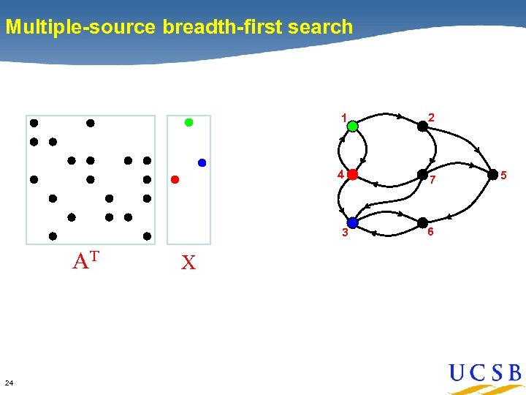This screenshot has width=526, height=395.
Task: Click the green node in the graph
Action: (352, 126)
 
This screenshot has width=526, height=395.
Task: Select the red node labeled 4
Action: (352, 175)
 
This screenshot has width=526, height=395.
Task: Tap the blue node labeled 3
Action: (352, 222)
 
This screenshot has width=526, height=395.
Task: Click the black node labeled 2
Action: (422, 126)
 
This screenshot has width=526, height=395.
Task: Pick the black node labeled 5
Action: (493, 174)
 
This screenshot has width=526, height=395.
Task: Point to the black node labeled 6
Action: (422, 222)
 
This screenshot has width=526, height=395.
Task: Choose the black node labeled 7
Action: (422, 175)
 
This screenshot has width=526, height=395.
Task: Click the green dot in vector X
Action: (188, 123)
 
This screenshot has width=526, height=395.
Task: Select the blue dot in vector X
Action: (202, 162)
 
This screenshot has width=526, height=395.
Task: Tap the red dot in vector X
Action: (175, 179)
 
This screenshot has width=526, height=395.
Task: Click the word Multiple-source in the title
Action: (80, 28)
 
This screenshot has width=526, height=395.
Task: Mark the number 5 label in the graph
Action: (513, 174)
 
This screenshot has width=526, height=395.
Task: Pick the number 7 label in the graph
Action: (432, 180)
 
